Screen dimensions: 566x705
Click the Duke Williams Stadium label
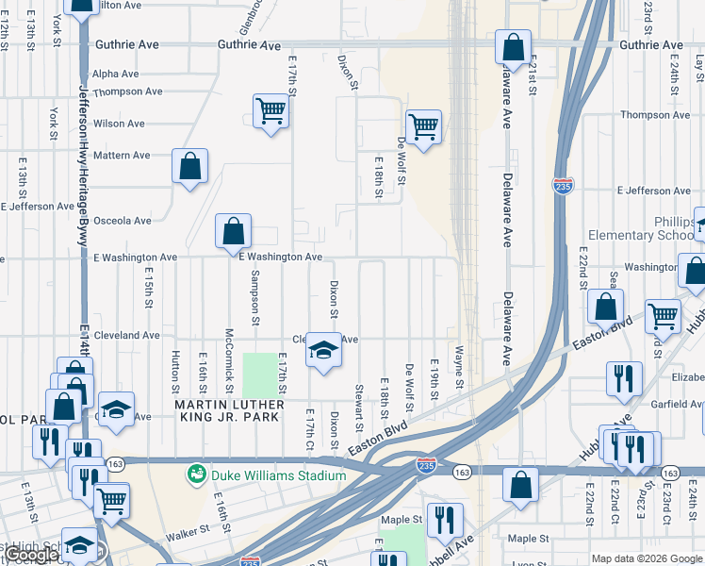278,475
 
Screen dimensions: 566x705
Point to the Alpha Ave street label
116,74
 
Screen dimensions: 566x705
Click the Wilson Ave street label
119,124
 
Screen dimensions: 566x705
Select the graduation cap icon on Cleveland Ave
323,352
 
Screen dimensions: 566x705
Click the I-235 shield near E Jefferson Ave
563,185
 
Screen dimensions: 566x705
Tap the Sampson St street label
254,296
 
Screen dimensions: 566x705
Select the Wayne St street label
459,369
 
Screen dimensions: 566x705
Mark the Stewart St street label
359,404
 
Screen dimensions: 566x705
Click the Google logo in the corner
32,555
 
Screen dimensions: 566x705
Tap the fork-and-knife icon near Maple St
443,520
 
